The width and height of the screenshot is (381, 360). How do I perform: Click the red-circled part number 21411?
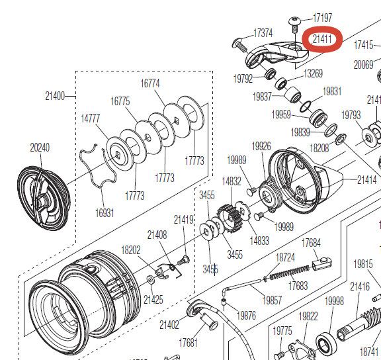pyautogui.click(x=322, y=39)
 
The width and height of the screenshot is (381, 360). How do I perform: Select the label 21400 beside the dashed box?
pyautogui.click(x=55, y=96)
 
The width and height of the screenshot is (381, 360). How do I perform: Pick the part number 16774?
pyautogui.click(x=150, y=83)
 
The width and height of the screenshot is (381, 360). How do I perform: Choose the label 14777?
pyautogui.click(x=90, y=118)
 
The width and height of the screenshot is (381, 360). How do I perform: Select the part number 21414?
pyautogui.click(x=366, y=179)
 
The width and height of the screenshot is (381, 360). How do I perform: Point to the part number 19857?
pyautogui.click(x=272, y=300)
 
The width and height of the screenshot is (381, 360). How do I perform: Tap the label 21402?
pyautogui.click(x=169, y=324)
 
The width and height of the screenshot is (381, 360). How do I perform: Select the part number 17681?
pyautogui.click(x=188, y=342)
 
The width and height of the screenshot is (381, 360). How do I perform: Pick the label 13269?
pyautogui.click(x=313, y=73)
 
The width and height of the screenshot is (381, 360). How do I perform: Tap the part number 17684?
pyautogui.click(x=311, y=243)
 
